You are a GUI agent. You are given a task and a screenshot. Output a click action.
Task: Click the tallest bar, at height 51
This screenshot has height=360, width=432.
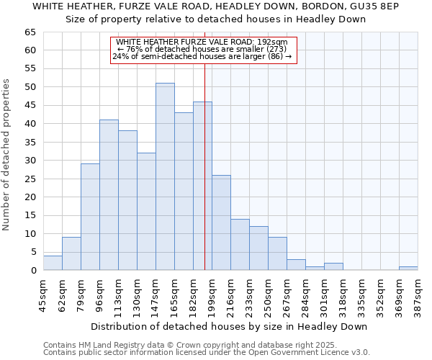point(165,176)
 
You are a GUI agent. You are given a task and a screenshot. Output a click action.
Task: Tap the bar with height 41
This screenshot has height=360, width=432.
point(109,194)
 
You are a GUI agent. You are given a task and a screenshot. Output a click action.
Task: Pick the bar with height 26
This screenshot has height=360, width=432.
point(221,222)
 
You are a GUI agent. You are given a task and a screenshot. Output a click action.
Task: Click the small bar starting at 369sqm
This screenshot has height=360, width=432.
point(408,269)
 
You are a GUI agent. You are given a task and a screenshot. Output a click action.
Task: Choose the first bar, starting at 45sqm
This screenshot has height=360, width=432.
point(53,263)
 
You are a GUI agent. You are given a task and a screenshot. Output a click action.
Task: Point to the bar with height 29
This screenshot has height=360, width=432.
point(90,217)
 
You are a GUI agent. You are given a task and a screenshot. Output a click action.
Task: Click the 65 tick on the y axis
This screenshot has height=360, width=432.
point(30,32)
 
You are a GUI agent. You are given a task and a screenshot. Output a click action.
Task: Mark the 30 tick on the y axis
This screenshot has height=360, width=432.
point(30,161)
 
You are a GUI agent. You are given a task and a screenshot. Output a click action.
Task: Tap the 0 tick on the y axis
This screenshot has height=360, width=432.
point(33,271)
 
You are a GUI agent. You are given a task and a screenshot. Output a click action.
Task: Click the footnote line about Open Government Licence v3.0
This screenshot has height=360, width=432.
point(207,353)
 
